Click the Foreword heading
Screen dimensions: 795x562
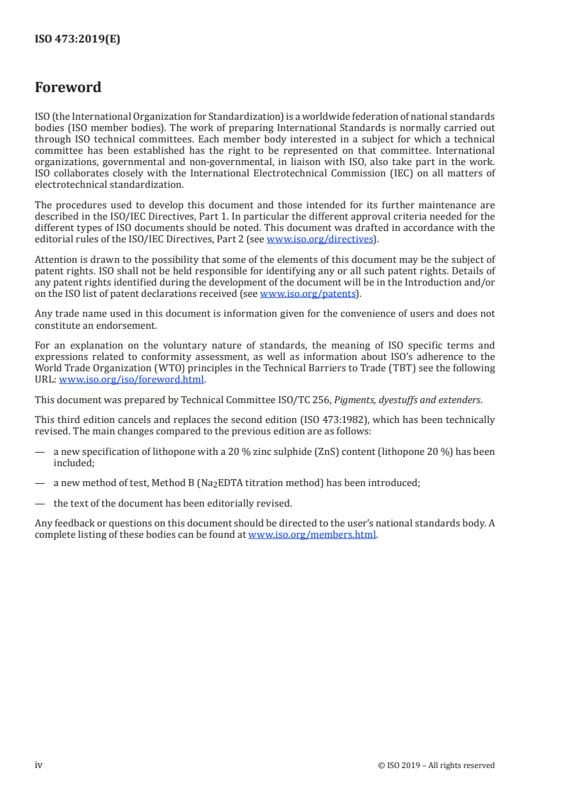pos(68,88)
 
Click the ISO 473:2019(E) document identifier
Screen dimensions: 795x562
pos(77,40)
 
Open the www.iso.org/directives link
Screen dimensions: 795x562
pos(320,239)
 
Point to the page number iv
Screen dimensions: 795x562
pos(39,765)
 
